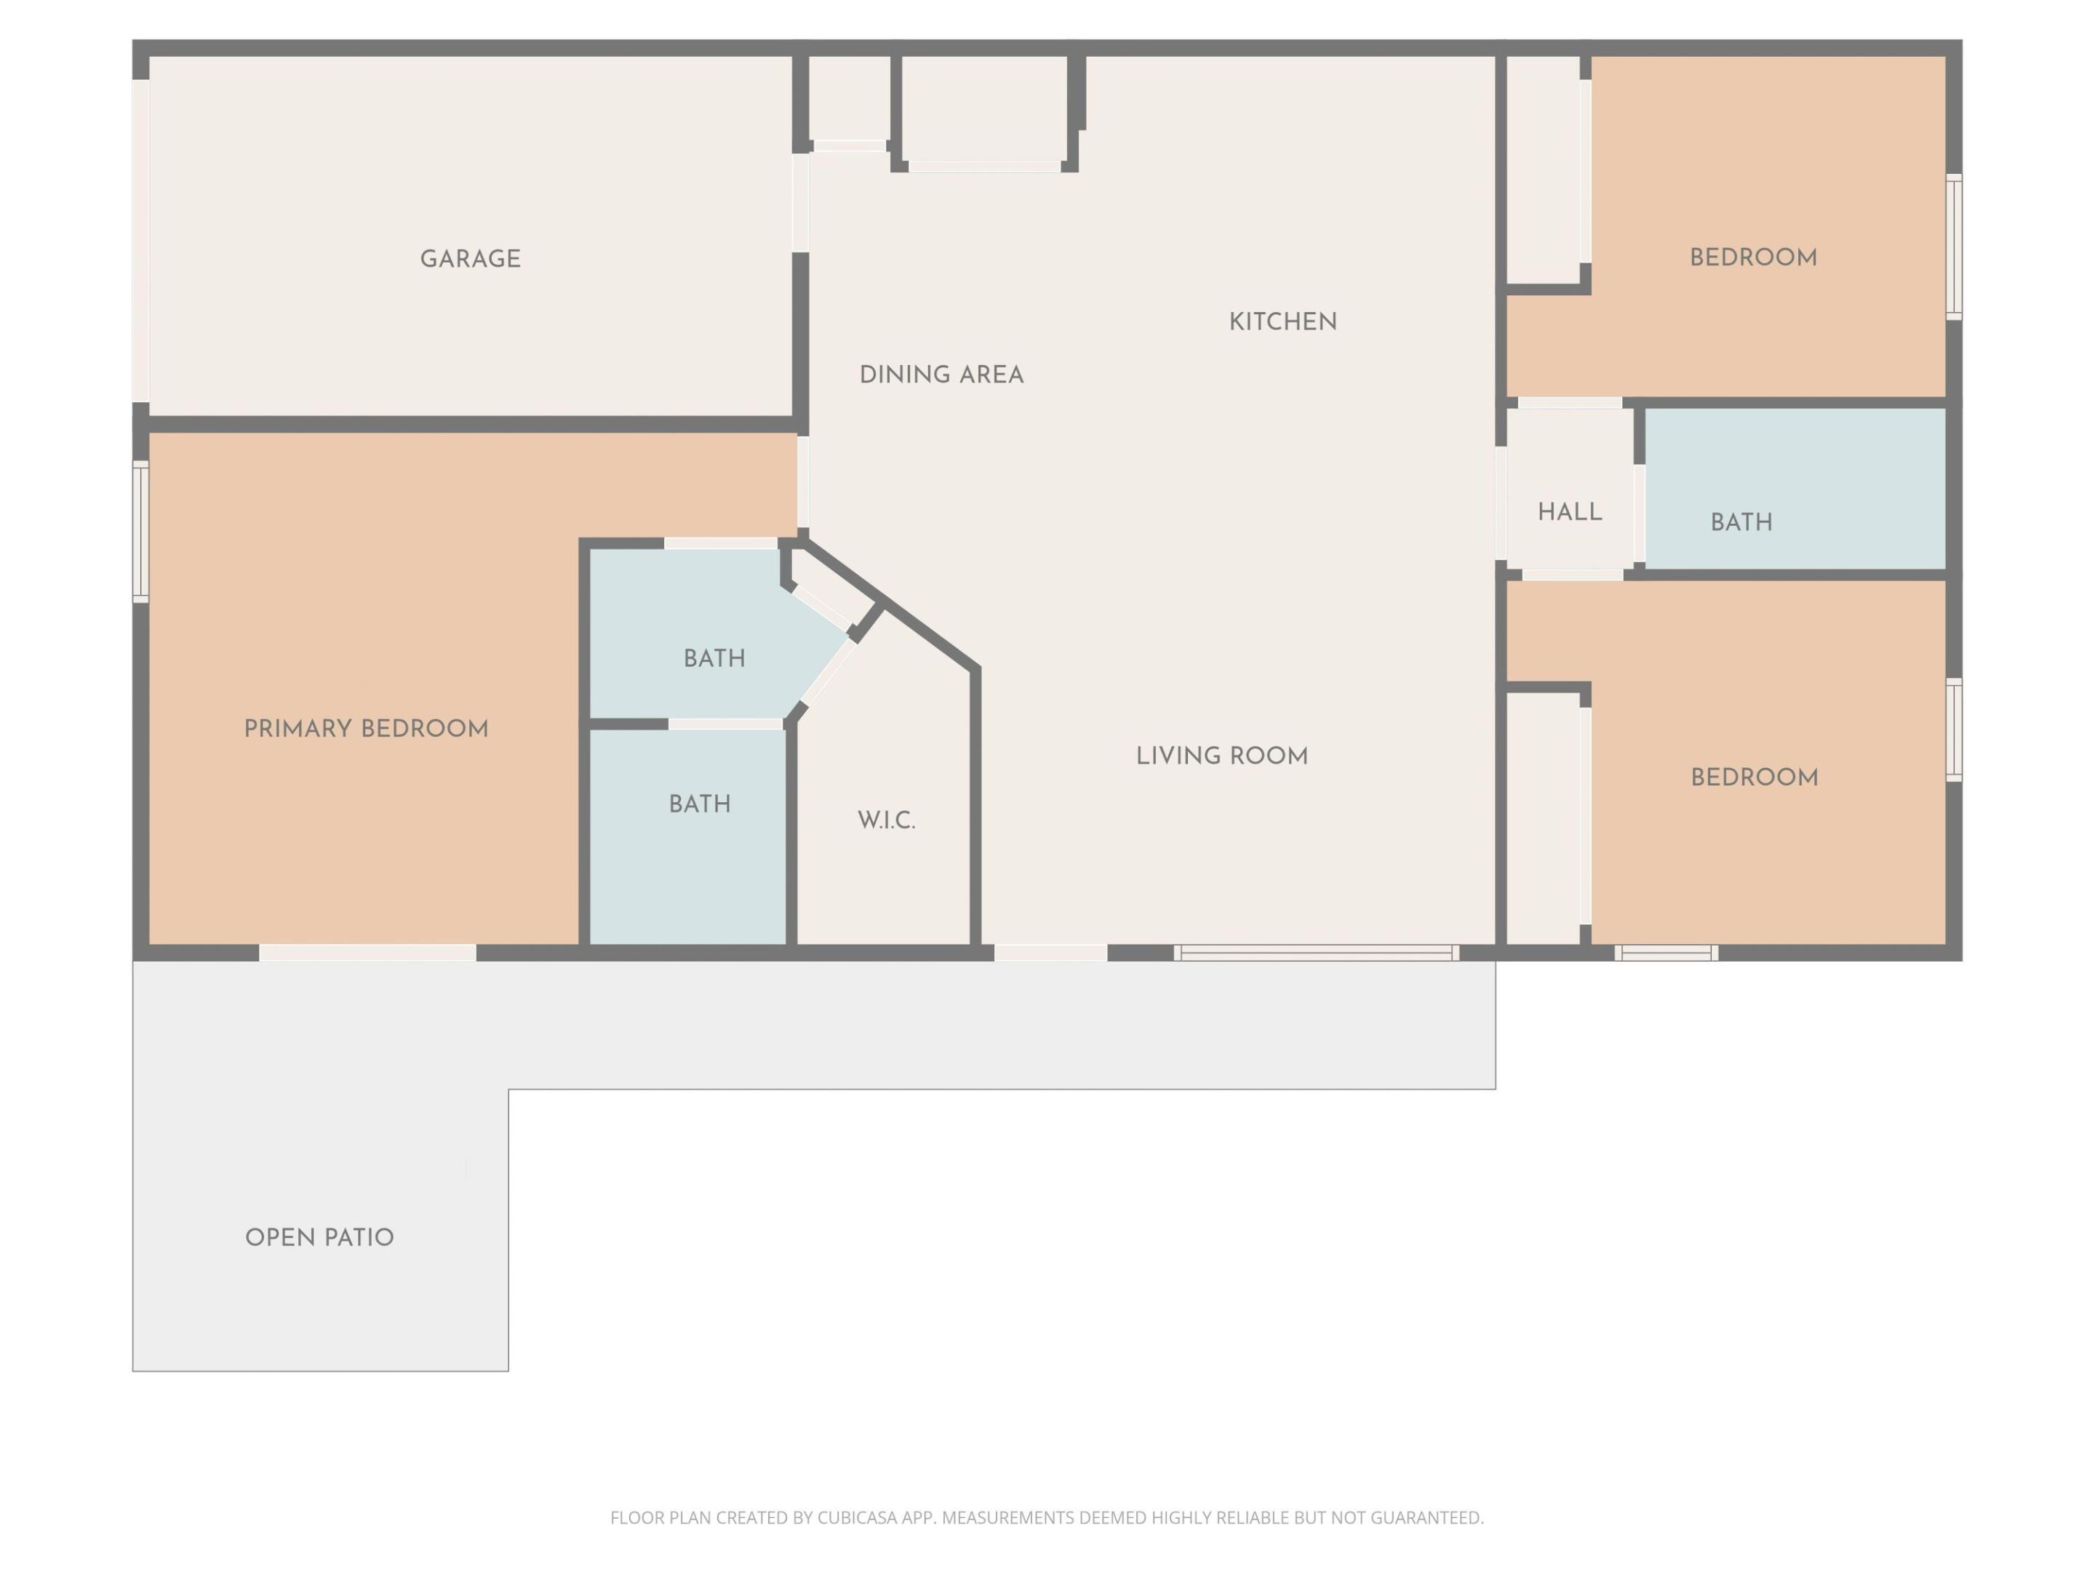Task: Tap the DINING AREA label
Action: (x=941, y=375)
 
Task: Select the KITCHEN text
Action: (x=1282, y=322)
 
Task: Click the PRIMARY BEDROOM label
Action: (x=366, y=729)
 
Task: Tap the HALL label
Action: (x=1569, y=512)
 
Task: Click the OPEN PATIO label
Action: (x=319, y=1238)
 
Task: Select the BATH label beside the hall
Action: (x=1741, y=521)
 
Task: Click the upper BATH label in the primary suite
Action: (x=714, y=658)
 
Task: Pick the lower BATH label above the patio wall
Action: (x=699, y=804)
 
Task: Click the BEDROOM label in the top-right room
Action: (x=1753, y=257)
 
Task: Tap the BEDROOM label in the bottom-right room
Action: (x=1754, y=777)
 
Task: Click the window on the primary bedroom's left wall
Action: (x=141, y=530)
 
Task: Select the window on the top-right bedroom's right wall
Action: (x=1953, y=247)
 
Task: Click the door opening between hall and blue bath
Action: (x=1638, y=512)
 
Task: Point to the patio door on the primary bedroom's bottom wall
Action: (x=367, y=953)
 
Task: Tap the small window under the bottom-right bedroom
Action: (x=1666, y=953)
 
